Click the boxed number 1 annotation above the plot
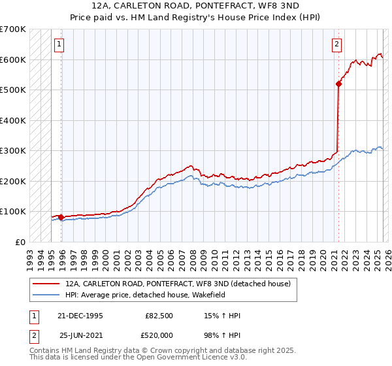click(x=59, y=44)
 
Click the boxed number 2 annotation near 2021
click(x=336, y=44)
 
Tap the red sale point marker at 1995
click(x=61, y=217)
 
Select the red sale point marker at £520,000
click(x=338, y=84)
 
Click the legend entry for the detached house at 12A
click(x=182, y=284)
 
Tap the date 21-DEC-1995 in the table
click(x=81, y=316)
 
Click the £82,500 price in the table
click(x=159, y=316)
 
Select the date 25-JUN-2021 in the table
click(x=81, y=335)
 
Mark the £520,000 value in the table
click(x=159, y=335)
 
